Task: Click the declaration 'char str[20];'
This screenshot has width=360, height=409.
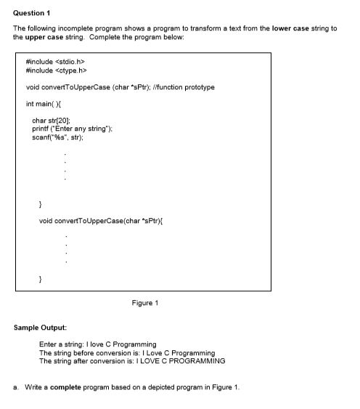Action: (x=52, y=120)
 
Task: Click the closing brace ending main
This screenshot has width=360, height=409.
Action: (x=41, y=203)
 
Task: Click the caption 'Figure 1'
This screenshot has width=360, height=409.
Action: (x=145, y=303)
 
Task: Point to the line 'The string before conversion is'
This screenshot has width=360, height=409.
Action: (x=86, y=352)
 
